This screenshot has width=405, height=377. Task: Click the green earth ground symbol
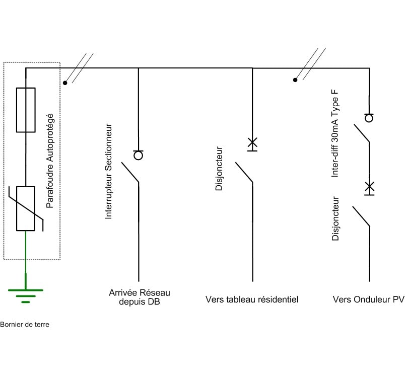(26, 295)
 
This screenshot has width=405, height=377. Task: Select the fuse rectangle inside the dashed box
(26, 110)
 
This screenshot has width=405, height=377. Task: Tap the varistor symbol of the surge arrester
(26, 208)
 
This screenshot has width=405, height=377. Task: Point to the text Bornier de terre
(25, 325)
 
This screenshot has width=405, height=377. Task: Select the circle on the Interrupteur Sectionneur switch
(138, 155)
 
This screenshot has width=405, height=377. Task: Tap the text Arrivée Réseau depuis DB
(140, 297)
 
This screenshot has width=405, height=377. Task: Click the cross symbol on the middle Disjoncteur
(252, 143)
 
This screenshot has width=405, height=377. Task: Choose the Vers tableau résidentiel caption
(252, 299)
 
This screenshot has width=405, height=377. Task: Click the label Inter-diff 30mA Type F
(335, 133)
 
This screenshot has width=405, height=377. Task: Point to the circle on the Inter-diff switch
(369, 118)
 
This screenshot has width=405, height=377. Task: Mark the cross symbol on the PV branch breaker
(369, 187)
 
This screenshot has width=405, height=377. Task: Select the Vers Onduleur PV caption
(368, 299)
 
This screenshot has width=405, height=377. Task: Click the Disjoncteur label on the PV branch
(336, 218)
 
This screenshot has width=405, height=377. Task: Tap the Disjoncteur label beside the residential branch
(219, 169)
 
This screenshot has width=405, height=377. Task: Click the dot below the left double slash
(65, 83)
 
